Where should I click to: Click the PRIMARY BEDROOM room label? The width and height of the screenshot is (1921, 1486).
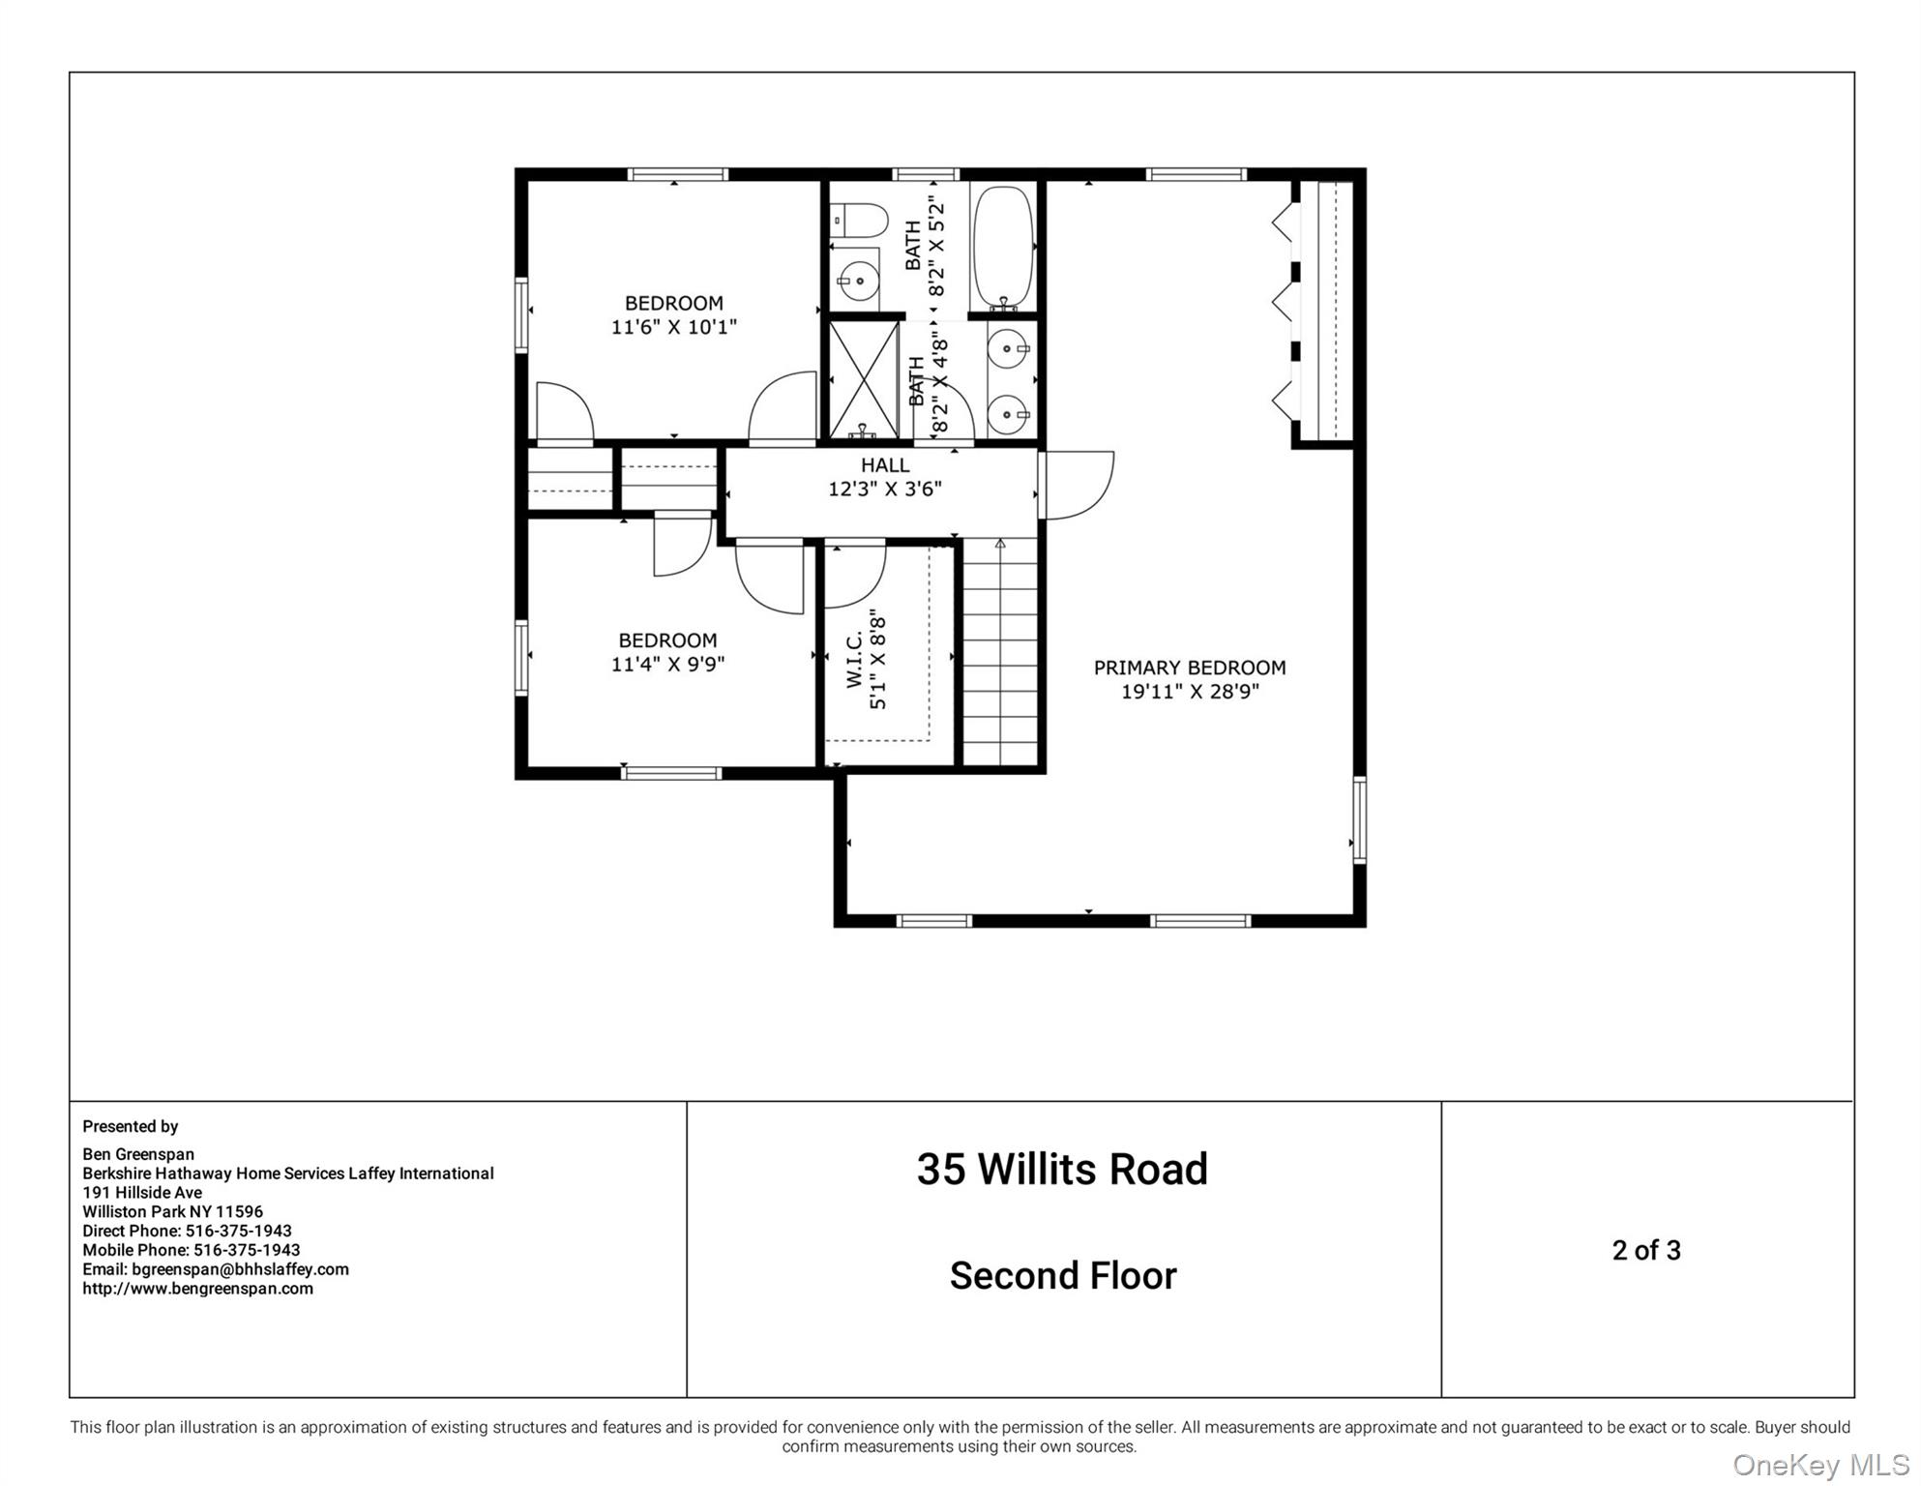click(1189, 668)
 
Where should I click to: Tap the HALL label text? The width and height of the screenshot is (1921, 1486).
click(884, 465)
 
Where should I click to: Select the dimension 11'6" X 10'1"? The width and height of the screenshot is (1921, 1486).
click(673, 327)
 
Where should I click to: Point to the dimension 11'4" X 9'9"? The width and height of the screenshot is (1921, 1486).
click(667, 665)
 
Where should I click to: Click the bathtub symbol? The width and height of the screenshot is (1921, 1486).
click(1002, 246)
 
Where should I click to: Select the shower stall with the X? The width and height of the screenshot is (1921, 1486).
click(864, 379)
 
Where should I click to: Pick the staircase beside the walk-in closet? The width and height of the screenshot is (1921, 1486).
click(1000, 653)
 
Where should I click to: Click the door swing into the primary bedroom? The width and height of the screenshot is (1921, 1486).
click(1077, 484)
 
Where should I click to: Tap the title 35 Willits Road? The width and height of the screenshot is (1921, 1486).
click(1062, 1169)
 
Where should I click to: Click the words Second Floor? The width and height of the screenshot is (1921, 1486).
click(1062, 1276)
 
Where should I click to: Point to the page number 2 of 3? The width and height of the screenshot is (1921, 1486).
click(1646, 1250)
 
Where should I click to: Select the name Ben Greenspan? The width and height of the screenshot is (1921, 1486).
click(138, 1154)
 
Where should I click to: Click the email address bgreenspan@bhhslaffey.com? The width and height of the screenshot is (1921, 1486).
click(240, 1269)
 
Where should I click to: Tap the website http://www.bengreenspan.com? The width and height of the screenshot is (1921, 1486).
click(197, 1289)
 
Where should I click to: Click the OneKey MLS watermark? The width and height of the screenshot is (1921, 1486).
click(1820, 1465)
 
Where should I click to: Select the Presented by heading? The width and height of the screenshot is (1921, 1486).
click(131, 1126)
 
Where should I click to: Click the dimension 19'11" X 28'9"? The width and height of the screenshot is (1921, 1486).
click(1189, 692)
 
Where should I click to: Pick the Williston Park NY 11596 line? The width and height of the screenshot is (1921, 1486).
click(172, 1211)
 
